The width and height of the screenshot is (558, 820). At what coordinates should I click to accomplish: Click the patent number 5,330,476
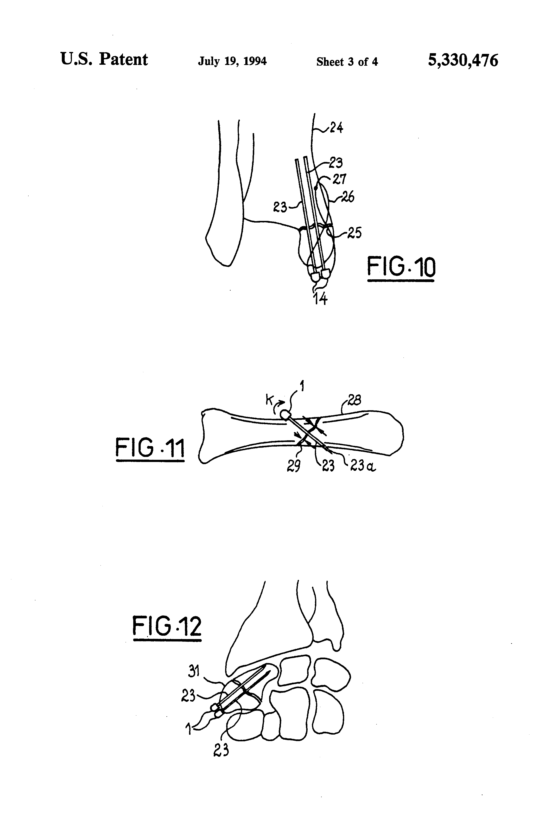(x=463, y=60)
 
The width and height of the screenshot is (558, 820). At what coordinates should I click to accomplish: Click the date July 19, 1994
(x=232, y=61)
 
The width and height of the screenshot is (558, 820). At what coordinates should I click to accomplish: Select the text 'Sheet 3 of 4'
(x=347, y=62)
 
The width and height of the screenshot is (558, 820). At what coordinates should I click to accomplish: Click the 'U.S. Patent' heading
(x=104, y=59)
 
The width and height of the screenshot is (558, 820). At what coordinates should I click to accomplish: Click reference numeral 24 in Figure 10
(x=336, y=127)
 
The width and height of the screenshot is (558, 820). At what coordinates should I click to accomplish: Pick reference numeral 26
(x=348, y=197)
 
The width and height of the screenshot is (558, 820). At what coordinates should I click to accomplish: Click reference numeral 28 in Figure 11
(x=354, y=400)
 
